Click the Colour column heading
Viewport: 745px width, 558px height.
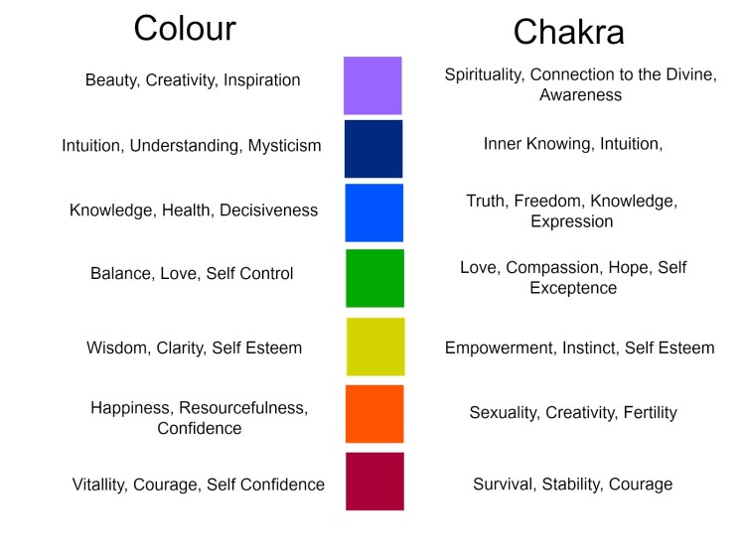[185, 28]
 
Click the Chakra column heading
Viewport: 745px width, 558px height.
[568, 32]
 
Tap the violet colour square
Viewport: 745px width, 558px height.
[372, 85]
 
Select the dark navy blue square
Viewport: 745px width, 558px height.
[373, 149]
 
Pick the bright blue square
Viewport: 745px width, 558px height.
[373, 212]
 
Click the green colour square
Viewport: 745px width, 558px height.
[374, 278]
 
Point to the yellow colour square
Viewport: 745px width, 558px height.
[375, 347]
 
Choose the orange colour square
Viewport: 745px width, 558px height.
[374, 414]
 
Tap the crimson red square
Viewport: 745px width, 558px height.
[374, 482]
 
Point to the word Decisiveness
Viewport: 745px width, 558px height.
[268, 210]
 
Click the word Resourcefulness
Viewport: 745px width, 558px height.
[248, 408]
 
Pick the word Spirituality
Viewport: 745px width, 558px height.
[491, 75]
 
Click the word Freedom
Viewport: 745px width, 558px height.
[549, 202]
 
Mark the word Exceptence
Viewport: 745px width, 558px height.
[573, 288]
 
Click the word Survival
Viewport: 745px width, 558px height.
[504, 485]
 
